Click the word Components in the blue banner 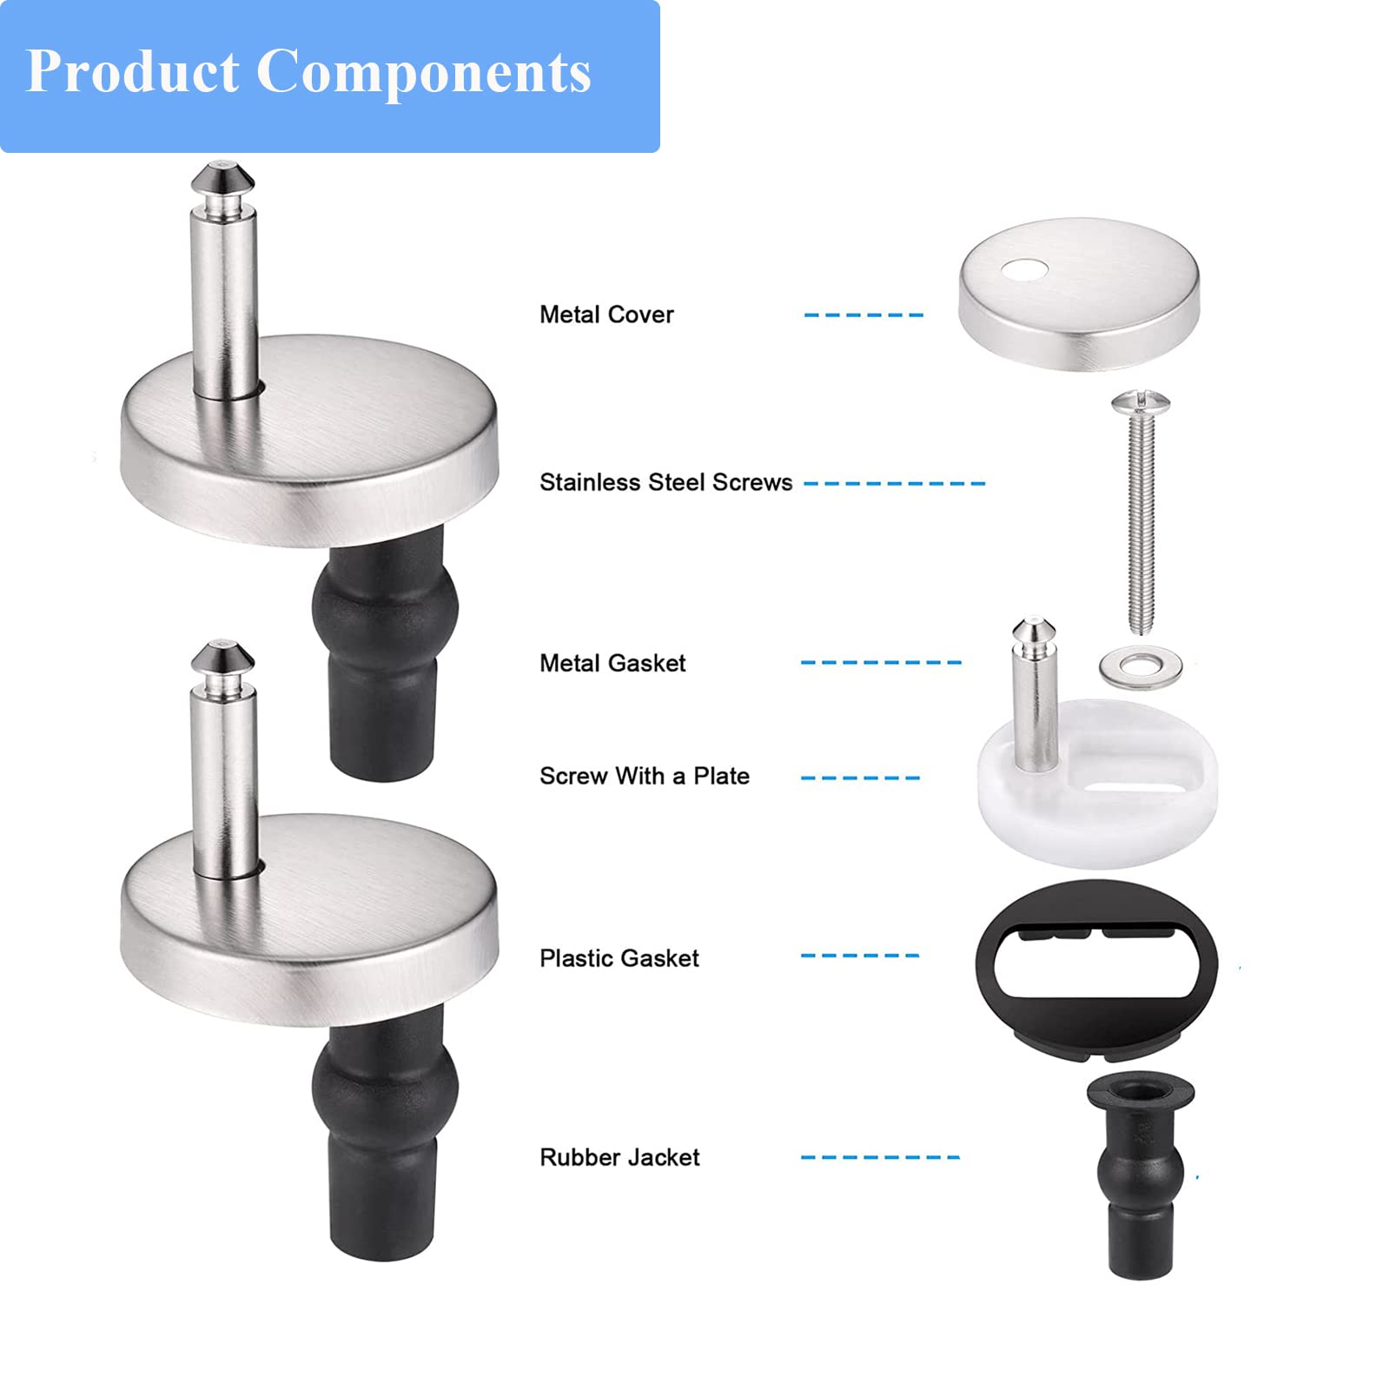424,73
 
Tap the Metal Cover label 606,314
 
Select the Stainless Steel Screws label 665,482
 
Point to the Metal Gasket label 612,663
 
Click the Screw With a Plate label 645,776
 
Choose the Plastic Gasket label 619,958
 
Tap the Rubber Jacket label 619,1157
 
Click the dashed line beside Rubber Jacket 880,1157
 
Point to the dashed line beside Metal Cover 864,314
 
